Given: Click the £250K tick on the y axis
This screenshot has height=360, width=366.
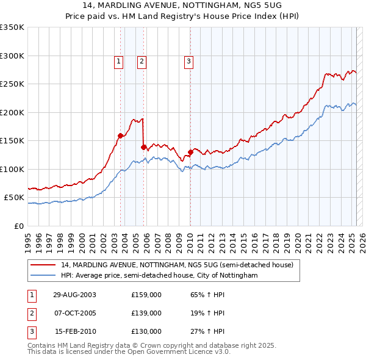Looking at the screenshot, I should click(x=12, y=84).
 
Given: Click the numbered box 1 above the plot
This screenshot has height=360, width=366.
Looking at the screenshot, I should click(x=118, y=61).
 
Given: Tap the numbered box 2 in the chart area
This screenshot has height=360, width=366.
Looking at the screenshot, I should click(x=141, y=61).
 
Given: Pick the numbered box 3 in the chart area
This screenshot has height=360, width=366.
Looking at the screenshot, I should click(x=189, y=61).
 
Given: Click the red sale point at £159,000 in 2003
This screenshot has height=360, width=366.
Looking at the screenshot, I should click(x=121, y=136).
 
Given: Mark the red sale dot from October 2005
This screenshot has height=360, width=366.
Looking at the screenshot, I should click(x=143, y=147).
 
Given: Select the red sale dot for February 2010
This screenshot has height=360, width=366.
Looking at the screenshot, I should click(x=190, y=152).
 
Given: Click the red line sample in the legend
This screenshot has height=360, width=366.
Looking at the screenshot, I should click(x=44, y=265).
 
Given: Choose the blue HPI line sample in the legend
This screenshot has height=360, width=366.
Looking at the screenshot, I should click(x=44, y=275).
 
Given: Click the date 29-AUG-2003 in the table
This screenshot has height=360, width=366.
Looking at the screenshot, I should click(x=74, y=295).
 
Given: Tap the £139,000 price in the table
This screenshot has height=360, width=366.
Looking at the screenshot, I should click(x=146, y=313).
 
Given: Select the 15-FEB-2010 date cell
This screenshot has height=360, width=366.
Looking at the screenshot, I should click(x=75, y=331).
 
